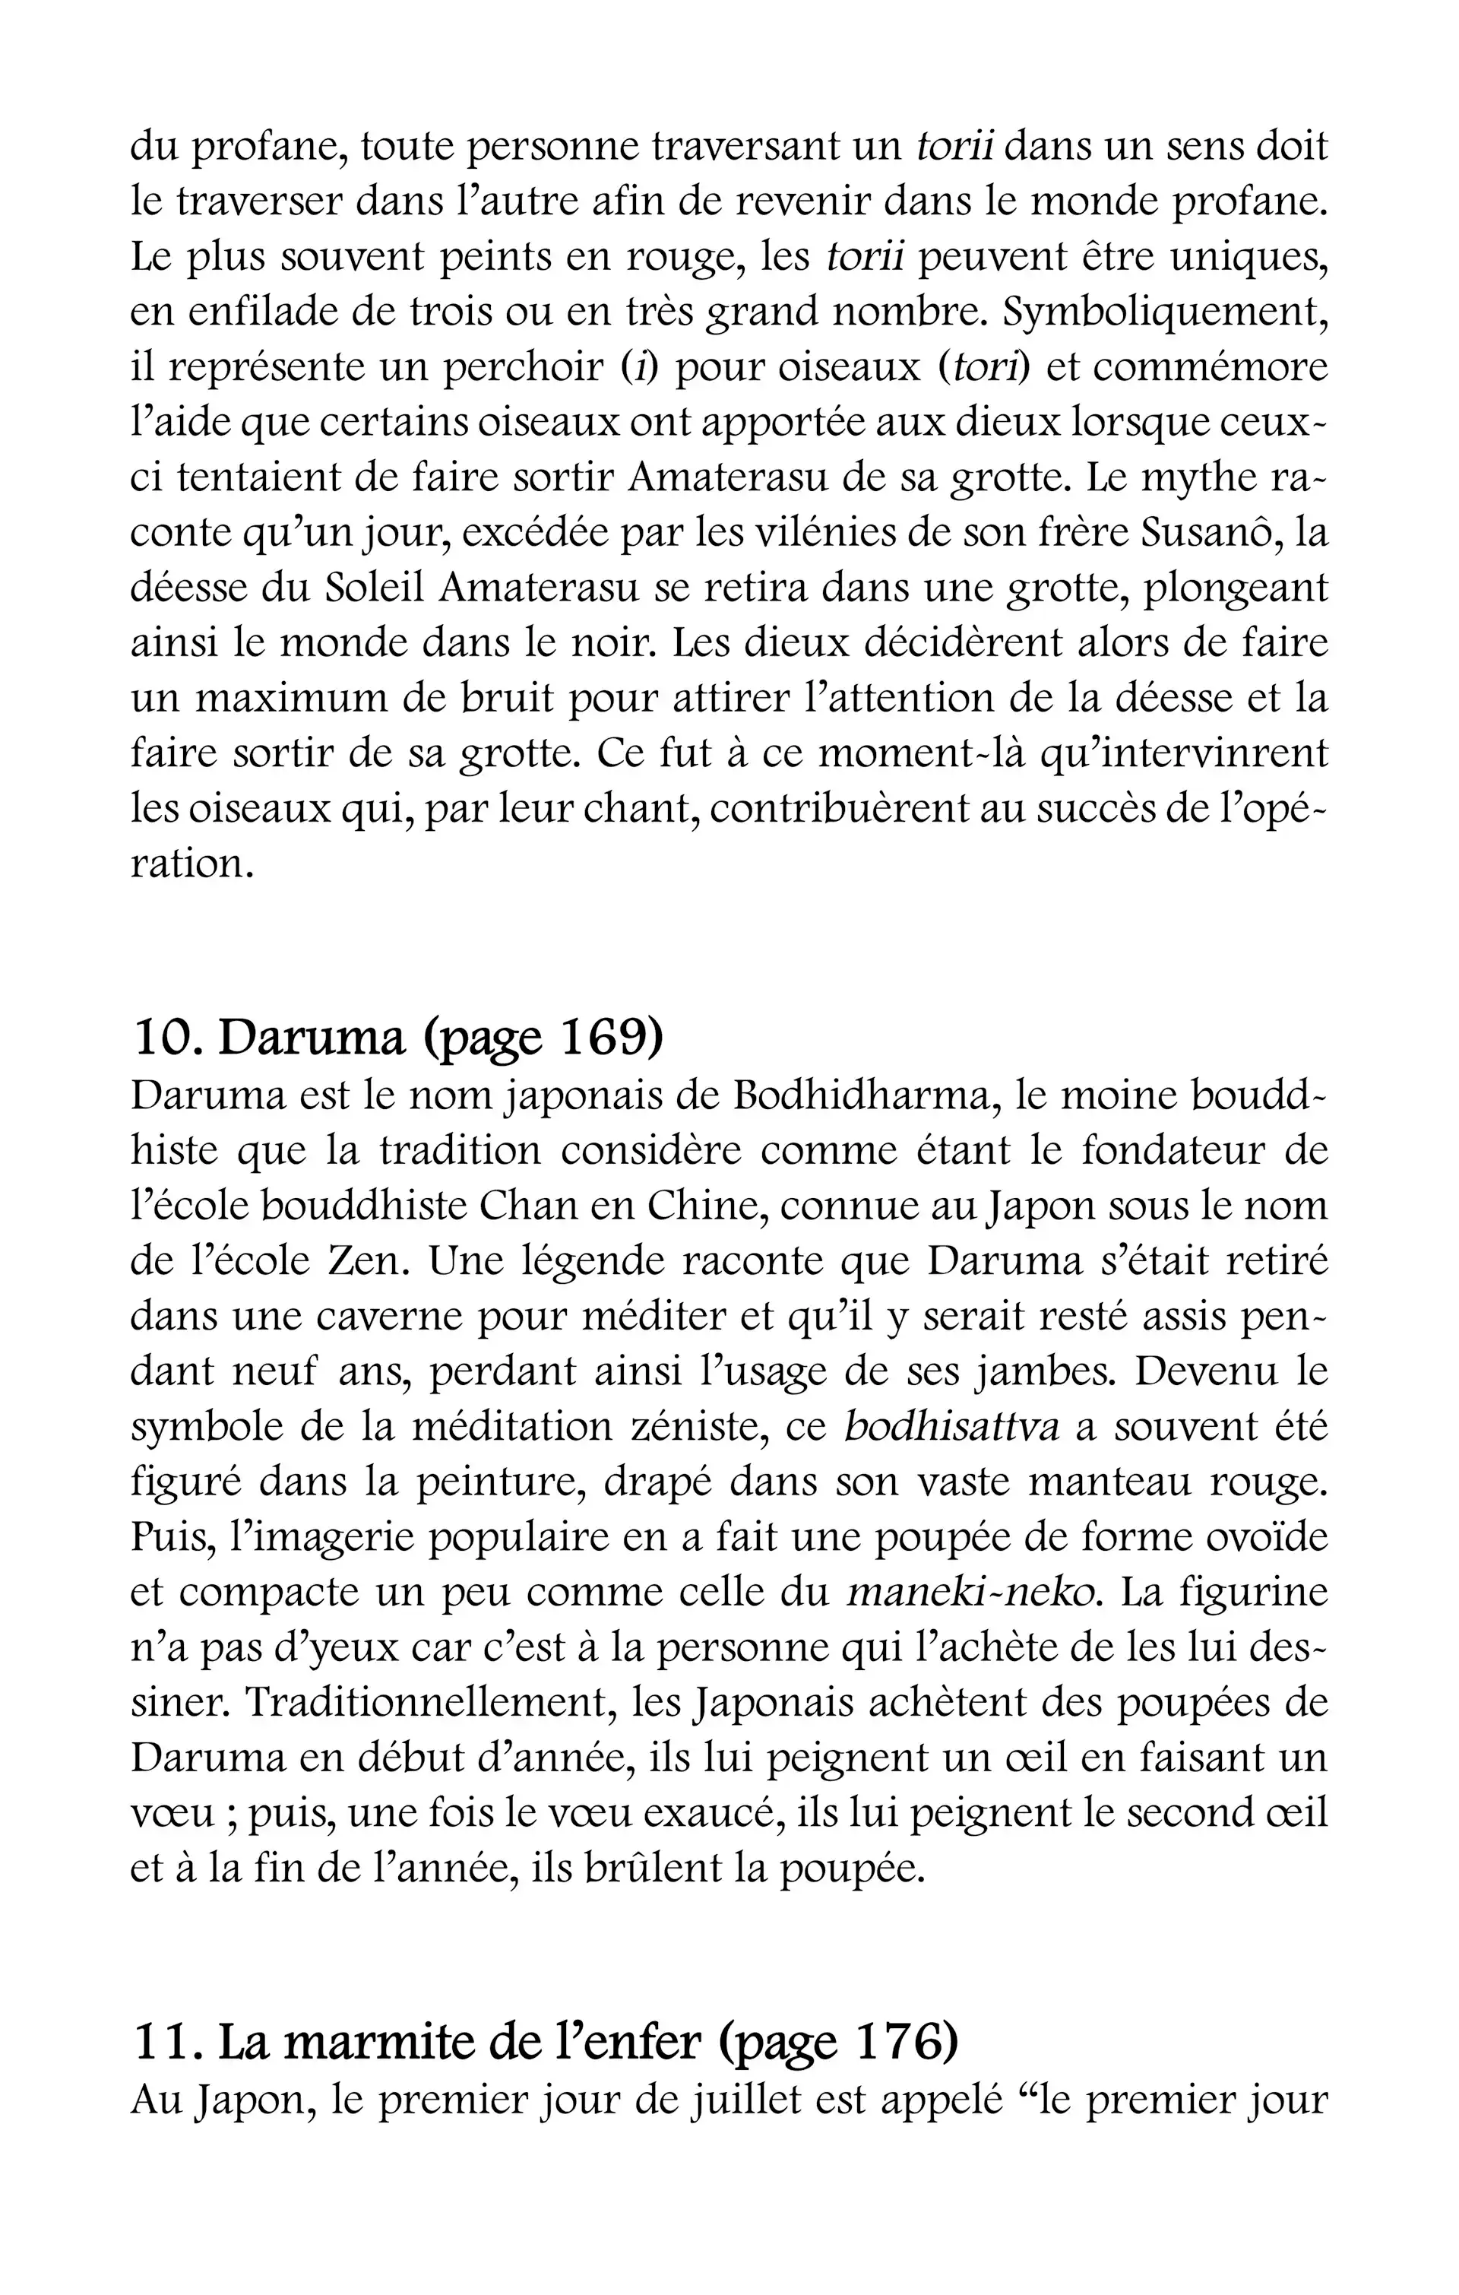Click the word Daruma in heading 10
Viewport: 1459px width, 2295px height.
312,1038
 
